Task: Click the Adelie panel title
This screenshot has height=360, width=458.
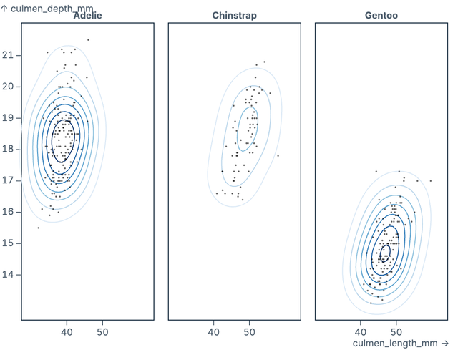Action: click(87, 15)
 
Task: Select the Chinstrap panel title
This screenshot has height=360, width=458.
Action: click(234, 15)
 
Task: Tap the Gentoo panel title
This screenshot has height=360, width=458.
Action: click(381, 15)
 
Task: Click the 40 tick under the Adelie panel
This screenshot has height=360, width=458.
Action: click(67, 332)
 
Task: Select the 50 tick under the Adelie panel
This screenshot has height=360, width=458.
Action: click(102, 332)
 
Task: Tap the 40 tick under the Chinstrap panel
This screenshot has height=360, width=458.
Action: click(214, 332)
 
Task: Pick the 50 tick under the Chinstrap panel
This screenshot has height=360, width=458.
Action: click(249, 332)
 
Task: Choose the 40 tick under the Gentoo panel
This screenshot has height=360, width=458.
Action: click(361, 332)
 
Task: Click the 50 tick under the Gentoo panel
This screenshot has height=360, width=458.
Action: click(396, 332)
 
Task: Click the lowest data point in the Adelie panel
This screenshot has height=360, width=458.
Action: click(39, 228)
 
